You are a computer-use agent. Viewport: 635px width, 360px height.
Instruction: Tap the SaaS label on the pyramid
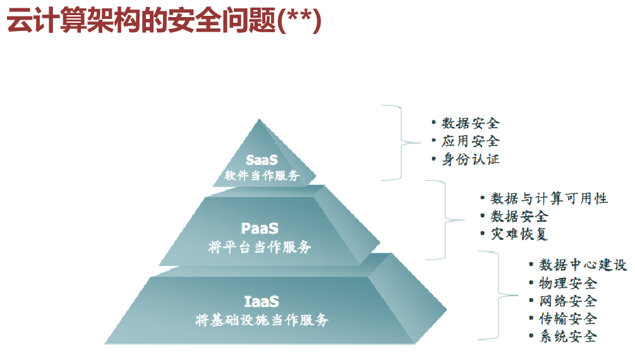pyautogui.click(x=262, y=160)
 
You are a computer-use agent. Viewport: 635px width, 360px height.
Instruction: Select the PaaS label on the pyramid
pyautogui.click(x=260, y=228)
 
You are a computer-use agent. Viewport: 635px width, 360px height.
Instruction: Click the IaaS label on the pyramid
pyautogui.click(x=262, y=301)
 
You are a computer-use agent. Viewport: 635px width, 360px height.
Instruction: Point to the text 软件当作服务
pyautogui.click(x=262, y=176)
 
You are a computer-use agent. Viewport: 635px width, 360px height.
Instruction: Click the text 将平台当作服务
pyautogui.click(x=260, y=247)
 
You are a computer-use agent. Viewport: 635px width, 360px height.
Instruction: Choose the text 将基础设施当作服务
pyautogui.click(x=262, y=320)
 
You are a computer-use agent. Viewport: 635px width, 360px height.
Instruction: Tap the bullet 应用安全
pyautogui.click(x=470, y=141)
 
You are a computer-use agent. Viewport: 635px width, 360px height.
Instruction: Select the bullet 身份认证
pyautogui.click(x=470, y=159)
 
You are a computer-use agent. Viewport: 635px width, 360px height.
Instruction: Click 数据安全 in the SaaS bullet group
pyautogui.click(x=470, y=123)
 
